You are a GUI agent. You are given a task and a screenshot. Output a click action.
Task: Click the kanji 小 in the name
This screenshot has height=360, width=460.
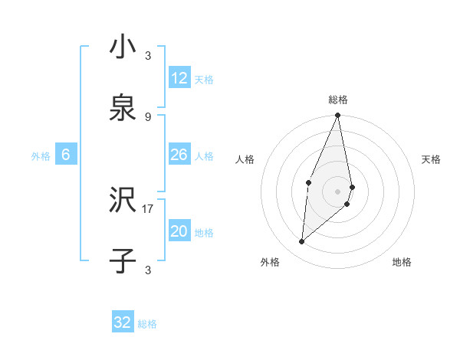(x=123, y=48)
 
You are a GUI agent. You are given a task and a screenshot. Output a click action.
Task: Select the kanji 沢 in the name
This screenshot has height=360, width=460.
(x=123, y=201)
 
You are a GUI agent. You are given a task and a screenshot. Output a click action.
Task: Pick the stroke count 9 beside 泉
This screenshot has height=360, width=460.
(x=148, y=116)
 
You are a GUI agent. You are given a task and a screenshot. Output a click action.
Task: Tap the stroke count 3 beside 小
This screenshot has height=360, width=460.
(x=148, y=56)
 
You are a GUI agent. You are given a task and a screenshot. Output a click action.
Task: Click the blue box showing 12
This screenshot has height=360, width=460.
(x=179, y=78)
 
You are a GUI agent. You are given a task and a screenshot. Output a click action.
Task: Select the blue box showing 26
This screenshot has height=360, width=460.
(x=179, y=155)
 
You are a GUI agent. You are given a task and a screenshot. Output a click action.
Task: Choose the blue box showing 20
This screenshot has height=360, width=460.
(x=179, y=232)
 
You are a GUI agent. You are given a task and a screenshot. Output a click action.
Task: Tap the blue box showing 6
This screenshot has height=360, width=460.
(x=66, y=155)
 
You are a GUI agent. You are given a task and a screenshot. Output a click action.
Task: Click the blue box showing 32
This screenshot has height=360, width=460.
(x=123, y=322)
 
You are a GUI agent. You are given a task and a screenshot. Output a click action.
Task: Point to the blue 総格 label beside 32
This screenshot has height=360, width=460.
(x=147, y=324)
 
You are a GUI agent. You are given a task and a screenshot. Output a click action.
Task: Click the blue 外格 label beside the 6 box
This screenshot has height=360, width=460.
(x=41, y=156)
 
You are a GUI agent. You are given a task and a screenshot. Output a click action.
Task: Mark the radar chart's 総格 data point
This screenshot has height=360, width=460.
(x=337, y=116)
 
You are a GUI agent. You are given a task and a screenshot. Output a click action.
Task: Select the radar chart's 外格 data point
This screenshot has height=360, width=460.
(x=302, y=242)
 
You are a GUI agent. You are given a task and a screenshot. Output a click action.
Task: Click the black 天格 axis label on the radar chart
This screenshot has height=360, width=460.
(x=431, y=159)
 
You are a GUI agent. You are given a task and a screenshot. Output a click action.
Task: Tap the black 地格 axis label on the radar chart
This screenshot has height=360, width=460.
(x=402, y=262)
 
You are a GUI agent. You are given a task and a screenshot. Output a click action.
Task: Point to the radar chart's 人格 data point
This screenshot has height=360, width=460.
(x=308, y=182)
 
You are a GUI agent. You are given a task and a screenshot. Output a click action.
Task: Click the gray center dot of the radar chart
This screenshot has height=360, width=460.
(x=337, y=191)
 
